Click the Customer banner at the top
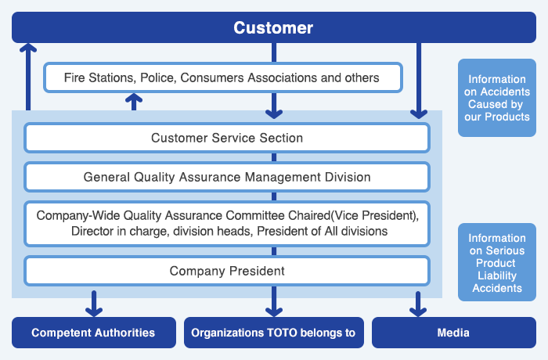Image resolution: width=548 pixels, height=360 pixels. tap(274, 27)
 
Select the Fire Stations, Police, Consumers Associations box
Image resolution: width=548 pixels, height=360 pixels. tap(223, 77)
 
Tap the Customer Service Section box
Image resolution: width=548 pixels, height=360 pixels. tap(227, 138)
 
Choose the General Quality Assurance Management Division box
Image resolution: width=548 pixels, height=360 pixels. tap(227, 177)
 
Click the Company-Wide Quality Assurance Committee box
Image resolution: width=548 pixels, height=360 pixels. tap(227, 224)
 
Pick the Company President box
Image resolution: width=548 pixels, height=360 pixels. tap(227, 271)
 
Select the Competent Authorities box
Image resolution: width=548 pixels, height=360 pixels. tap(94, 333)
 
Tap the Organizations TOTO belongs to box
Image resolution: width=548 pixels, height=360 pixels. tap(274, 333)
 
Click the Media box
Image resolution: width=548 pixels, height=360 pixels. tap(453, 333)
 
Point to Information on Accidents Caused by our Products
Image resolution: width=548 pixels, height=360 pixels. tap(497, 98)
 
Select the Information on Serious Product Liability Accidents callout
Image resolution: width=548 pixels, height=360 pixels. tap(497, 262)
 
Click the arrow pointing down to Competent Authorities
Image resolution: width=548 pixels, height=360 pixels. tap(94, 304)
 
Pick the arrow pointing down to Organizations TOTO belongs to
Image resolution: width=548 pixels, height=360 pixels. tap(274, 301)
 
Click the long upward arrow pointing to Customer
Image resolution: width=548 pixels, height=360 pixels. tap(28, 77)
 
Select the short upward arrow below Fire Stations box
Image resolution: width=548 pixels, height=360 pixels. tap(134, 102)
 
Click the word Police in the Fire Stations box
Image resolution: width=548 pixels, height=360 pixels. tap(157, 77)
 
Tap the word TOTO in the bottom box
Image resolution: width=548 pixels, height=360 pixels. tap(282, 333)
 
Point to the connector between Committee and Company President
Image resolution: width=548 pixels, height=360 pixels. tap(274, 251)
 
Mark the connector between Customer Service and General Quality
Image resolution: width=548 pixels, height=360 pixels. tap(274, 157)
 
